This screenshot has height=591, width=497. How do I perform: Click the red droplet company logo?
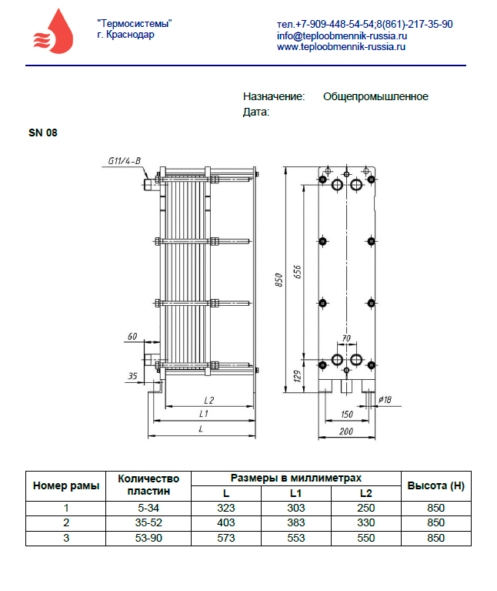[x=53, y=32]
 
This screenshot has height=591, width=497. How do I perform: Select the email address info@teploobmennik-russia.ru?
[x=342, y=35]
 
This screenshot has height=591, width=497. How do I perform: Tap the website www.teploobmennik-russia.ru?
[x=342, y=47]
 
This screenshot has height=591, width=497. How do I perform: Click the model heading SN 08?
[x=43, y=133]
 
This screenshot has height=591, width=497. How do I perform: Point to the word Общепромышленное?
[x=375, y=96]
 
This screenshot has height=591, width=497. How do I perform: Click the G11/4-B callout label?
[x=125, y=161]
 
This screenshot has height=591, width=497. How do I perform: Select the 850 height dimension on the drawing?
[x=279, y=280]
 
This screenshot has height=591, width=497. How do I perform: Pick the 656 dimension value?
[x=297, y=272]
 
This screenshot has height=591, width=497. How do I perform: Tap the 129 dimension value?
[x=297, y=376]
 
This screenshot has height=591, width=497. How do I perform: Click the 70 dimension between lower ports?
[x=346, y=338]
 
